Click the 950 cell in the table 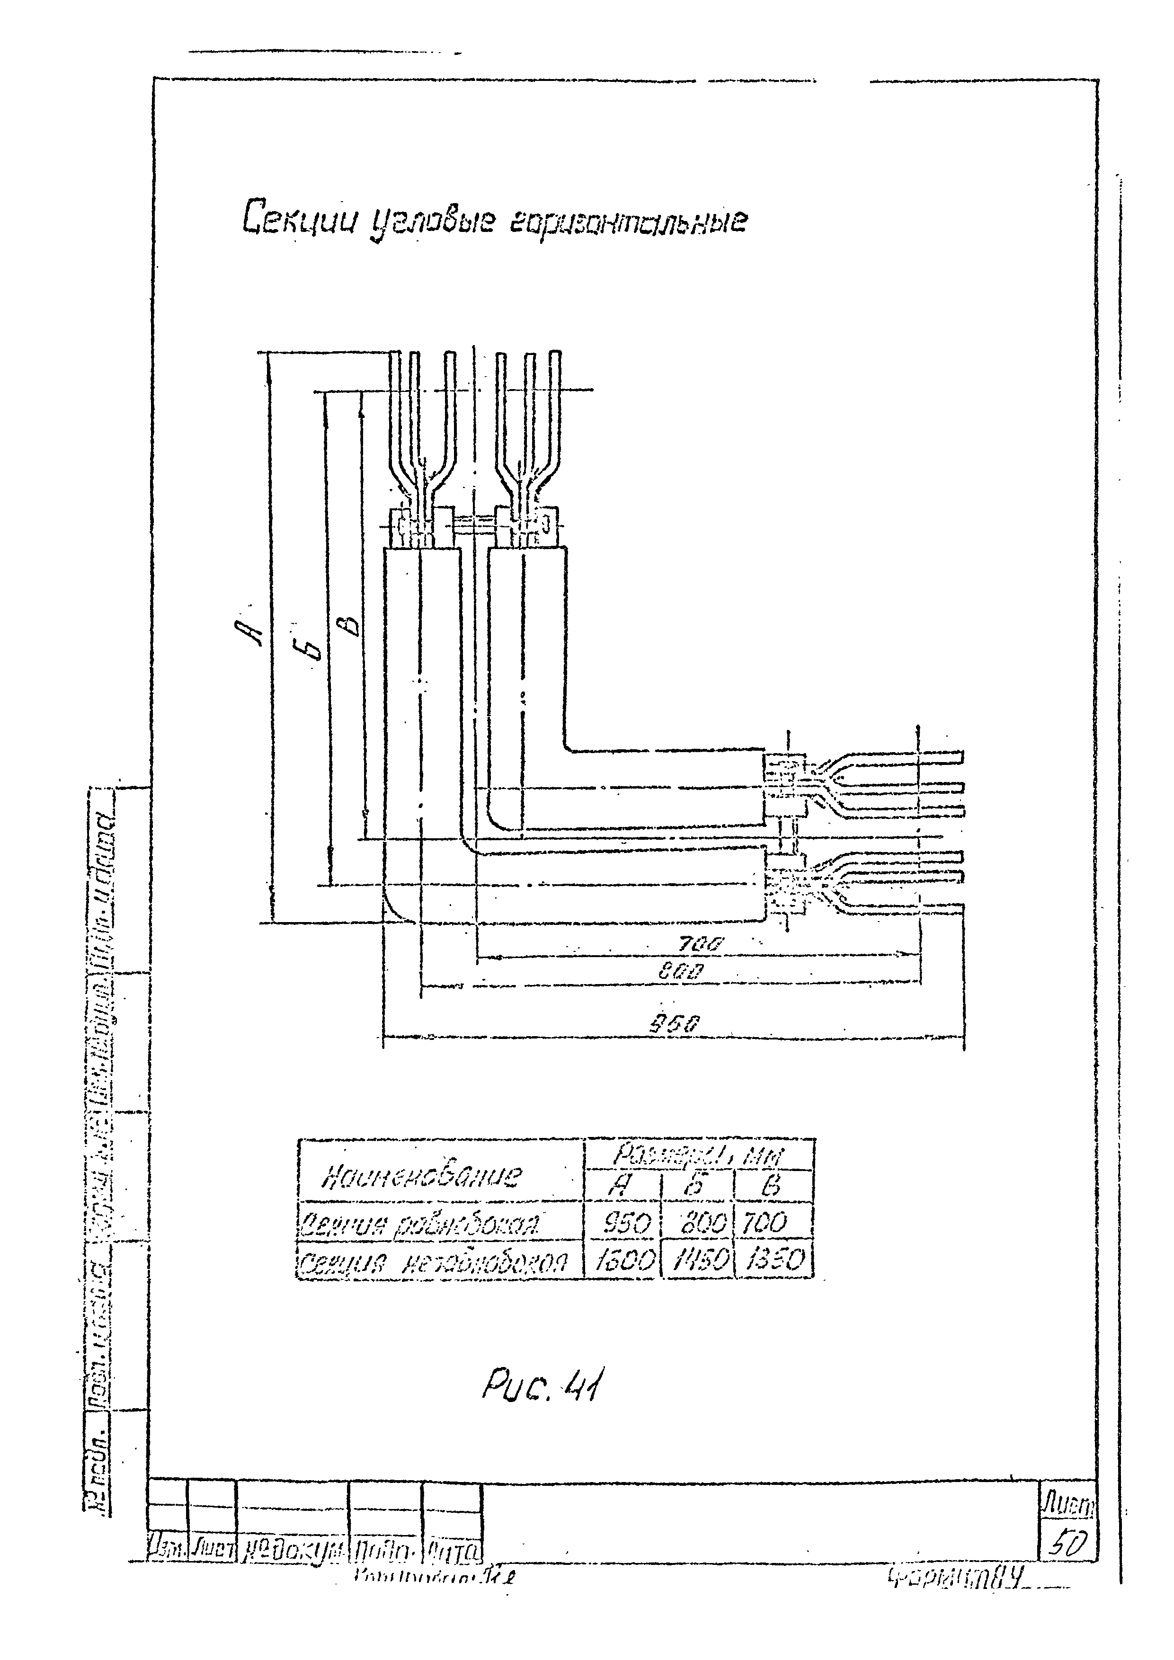coord(625,1223)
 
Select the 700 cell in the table coord(766,1223)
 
